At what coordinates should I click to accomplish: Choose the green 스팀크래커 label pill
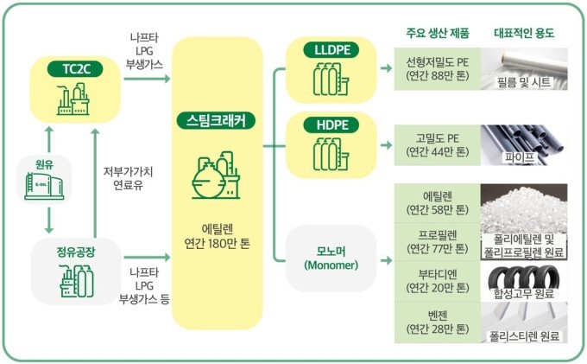click(216, 120)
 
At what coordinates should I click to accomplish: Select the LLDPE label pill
click(332, 49)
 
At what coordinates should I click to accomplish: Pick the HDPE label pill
click(332, 125)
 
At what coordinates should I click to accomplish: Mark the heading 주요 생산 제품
click(437, 33)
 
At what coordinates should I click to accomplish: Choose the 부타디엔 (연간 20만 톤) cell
click(437, 279)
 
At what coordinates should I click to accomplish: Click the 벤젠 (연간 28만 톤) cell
click(437, 321)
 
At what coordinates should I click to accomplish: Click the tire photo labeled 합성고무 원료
click(524, 279)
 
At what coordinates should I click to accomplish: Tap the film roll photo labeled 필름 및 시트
click(524, 69)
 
